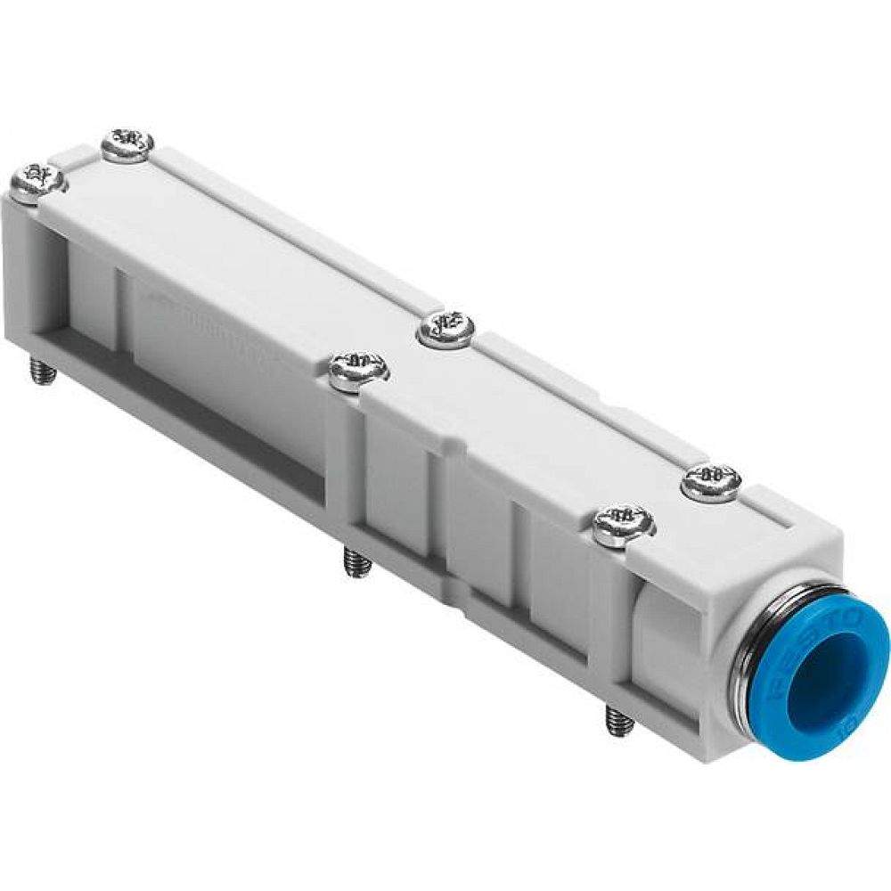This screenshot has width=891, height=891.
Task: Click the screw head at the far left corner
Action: tap(37, 181)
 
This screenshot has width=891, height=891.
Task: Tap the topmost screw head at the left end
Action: tap(127, 144)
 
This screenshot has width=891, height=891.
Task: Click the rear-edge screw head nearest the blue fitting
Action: tap(711, 482)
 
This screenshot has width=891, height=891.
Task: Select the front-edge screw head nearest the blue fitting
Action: tap(623, 525)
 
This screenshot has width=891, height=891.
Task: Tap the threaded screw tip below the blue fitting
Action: tap(618, 720)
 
